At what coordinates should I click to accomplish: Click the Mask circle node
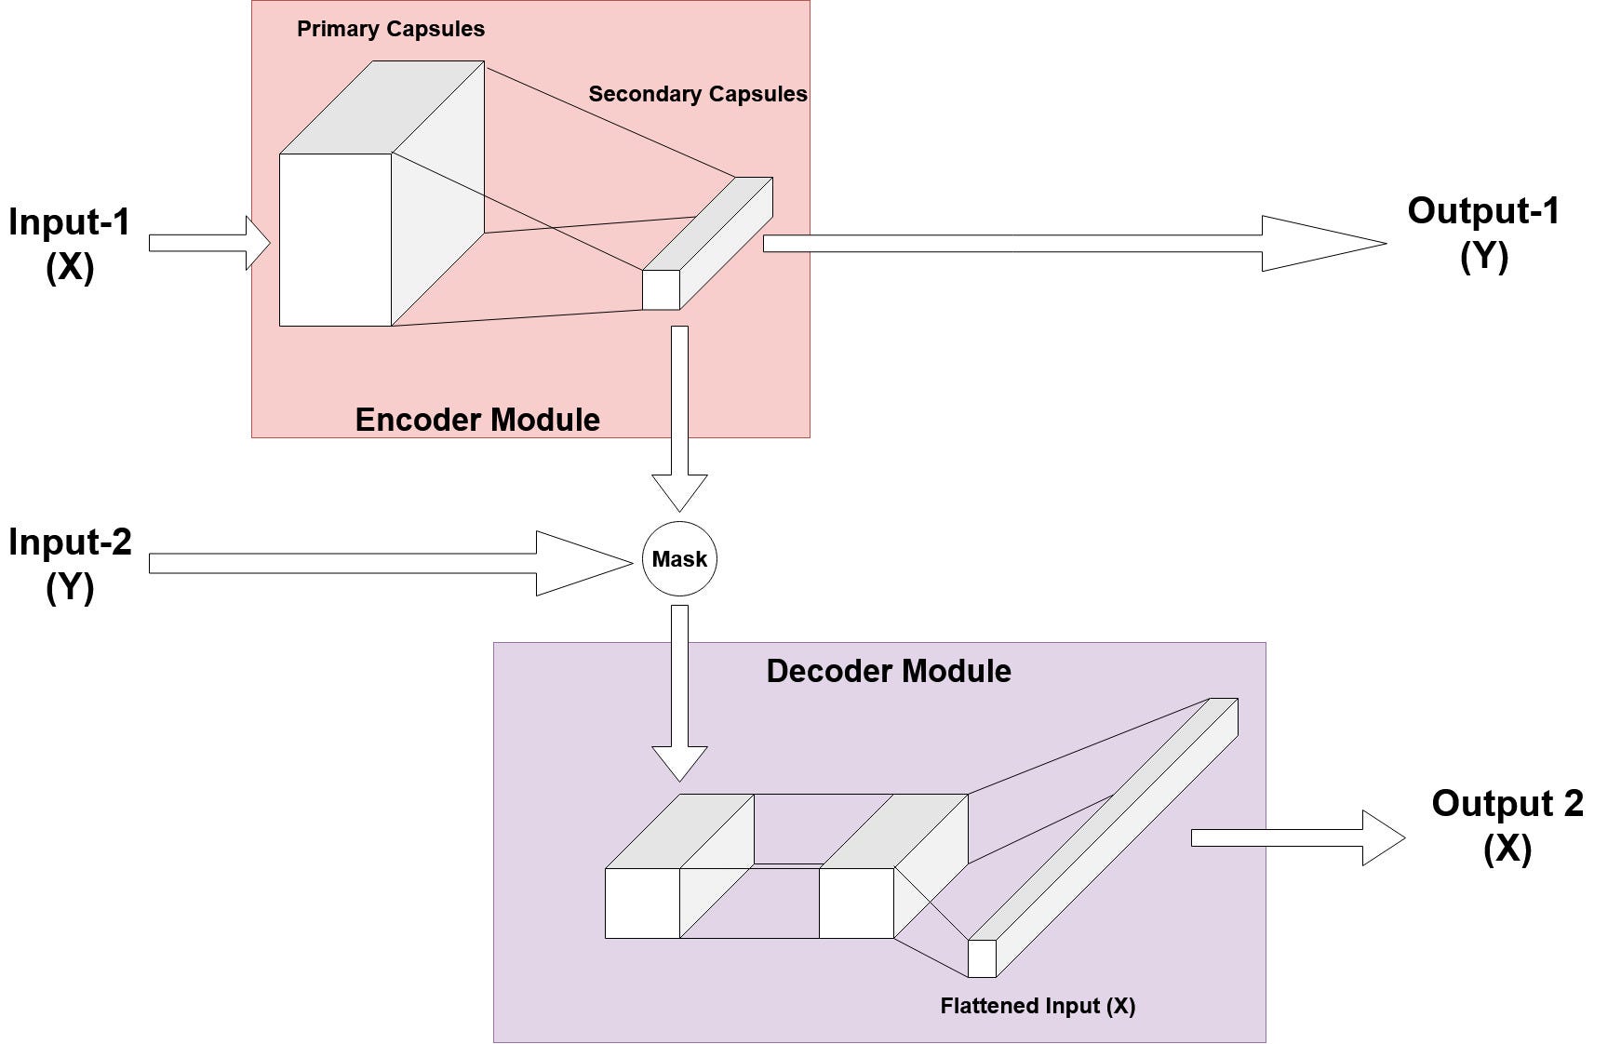679,559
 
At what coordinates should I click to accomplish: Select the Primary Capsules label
391,29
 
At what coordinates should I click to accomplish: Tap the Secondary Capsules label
698,94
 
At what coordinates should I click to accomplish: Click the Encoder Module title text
477,420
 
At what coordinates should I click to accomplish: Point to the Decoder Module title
889,671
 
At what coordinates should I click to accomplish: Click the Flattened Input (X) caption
1038,1006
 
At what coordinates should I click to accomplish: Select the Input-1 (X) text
70,244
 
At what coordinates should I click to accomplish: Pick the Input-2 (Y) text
70,564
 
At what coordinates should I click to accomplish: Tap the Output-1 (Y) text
1483,233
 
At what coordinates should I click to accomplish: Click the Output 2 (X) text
1507,825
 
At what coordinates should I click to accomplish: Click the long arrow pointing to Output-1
1070,244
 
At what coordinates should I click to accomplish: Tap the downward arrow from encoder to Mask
679,419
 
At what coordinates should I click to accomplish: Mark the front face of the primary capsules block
335,240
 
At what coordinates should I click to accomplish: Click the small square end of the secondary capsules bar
661,289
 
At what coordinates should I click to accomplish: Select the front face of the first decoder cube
642,903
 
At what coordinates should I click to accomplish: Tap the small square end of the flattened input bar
982,958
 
